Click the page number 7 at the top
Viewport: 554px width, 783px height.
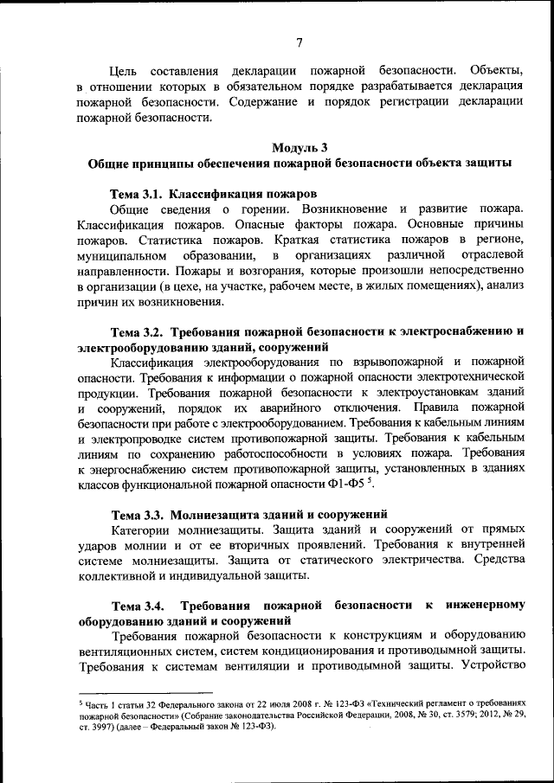point(298,42)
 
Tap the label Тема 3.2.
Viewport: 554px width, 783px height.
point(137,331)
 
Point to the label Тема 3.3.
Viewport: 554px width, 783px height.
point(137,517)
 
